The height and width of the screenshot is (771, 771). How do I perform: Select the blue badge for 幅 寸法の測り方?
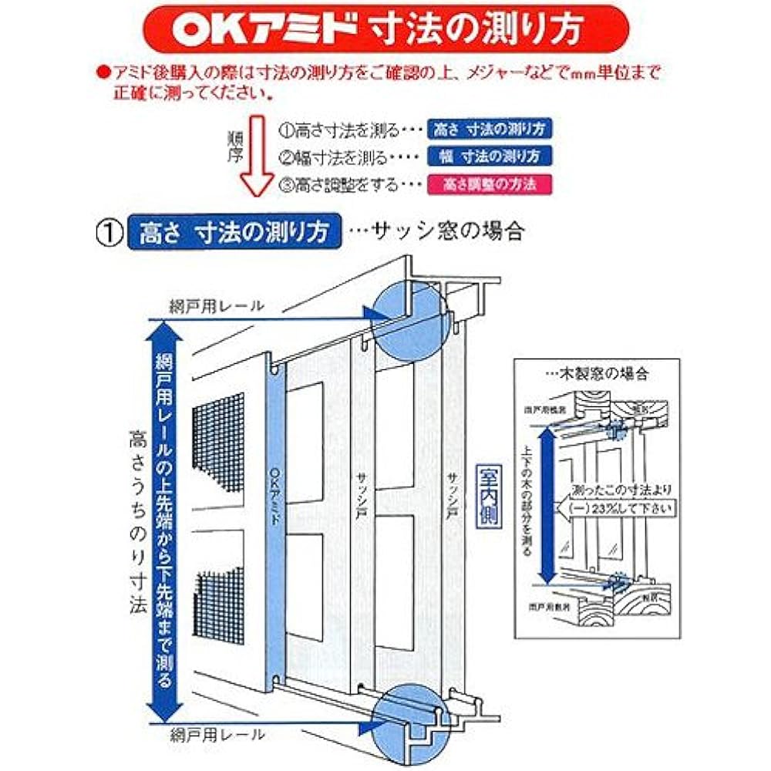click(492, 155)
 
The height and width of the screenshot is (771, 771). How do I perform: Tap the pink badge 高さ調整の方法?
click(490, 185)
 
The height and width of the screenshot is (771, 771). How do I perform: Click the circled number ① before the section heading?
click(109, 232)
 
